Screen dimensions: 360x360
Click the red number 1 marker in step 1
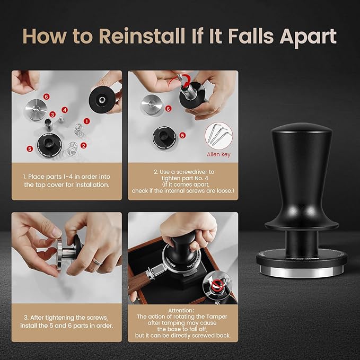click(x=86, y=121)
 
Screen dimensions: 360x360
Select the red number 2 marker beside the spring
click(x=83, y=144)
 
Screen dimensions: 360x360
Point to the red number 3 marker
click(x=52, y=114)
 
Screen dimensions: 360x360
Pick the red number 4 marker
click(x=64, y=110)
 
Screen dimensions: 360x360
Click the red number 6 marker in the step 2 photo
click(x=168, y=108)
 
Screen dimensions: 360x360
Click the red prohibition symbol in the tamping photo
click(x=216, y=286)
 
